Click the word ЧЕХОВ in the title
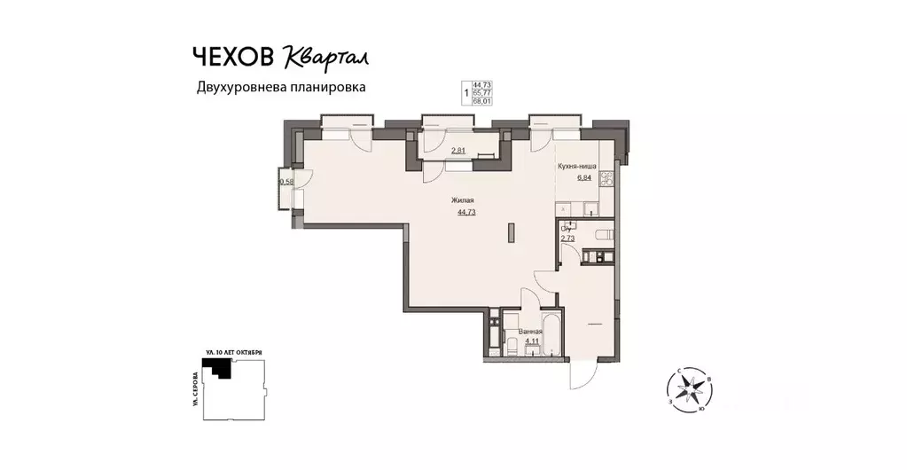234,56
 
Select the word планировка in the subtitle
323,88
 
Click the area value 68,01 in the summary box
481,101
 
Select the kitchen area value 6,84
585,177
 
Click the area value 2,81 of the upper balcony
458,150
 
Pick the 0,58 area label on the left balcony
286,182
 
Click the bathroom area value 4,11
531,341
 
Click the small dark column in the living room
510,233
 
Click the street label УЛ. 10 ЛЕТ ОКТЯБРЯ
234,352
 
